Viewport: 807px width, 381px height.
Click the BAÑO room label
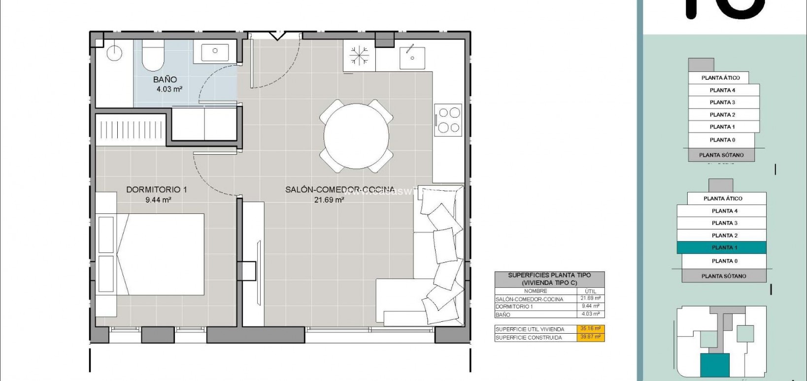[x=165, y=79]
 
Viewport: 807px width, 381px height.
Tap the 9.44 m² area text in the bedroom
[x=158, y=200]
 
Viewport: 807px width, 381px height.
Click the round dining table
[x=356, y=136]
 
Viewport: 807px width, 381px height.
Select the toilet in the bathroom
[x=153, y=56]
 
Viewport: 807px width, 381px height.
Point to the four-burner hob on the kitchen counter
[x=448, y=120]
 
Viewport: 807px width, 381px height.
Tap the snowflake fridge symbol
[x=359, y=55]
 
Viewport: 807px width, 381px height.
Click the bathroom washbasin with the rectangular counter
[x=215, y=51]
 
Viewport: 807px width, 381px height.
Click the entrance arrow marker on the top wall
[x=277, y=35]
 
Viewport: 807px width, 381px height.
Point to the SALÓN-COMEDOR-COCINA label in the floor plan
[x=340, y=190]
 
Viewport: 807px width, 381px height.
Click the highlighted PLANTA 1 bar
[x=722, y=247]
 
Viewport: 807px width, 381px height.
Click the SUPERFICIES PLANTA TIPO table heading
[x=549, y=279]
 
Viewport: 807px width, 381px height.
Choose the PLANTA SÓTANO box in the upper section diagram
[x=721, y=155]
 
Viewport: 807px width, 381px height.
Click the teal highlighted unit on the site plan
[x=715, y=365]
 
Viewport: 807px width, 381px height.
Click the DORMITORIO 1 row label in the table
[x=514, y=307]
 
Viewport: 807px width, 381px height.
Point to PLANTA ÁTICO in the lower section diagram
[x=723, y=199]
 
